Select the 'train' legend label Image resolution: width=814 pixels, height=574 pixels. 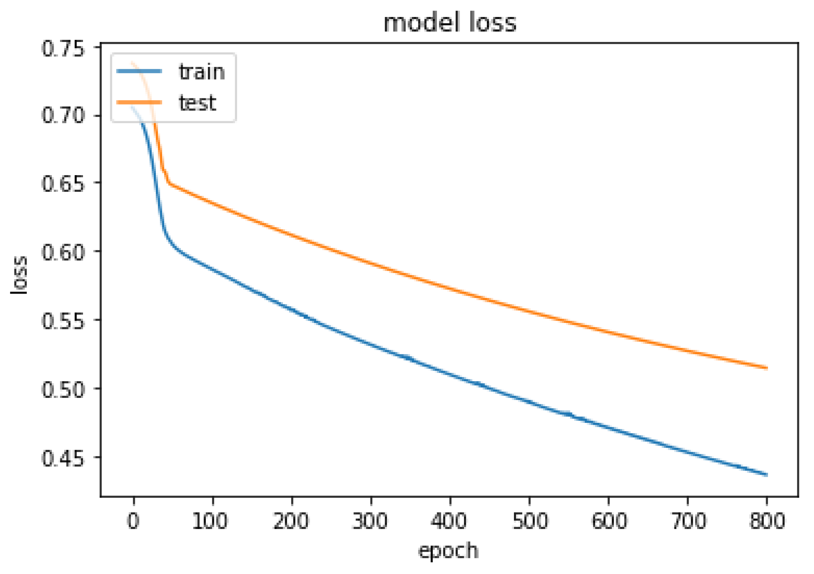point(202,72)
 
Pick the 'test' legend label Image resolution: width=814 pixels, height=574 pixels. point(198,103)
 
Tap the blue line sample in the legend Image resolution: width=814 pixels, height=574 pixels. point(139,71)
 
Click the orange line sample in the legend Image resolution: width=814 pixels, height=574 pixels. point(139,103)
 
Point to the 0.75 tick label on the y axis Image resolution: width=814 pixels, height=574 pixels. point(63,49)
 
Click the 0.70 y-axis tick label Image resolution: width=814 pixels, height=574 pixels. point(63,115)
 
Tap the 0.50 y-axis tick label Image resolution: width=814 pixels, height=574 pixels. point(63,390)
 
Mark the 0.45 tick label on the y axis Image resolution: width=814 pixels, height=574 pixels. point(63,458)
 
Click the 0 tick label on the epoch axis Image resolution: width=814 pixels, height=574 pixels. point(133,521)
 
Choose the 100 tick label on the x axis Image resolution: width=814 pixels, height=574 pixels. point(210,521)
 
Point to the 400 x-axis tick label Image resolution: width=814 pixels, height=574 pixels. point(449,521)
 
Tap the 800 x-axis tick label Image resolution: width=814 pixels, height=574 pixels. point(767,521)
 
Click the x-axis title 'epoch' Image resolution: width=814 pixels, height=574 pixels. point(449,551)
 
